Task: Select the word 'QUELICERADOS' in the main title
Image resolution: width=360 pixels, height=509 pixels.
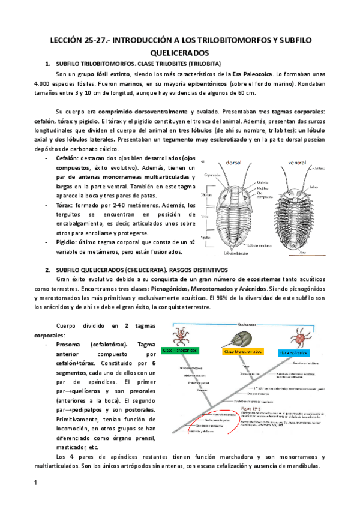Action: tap(180, 52)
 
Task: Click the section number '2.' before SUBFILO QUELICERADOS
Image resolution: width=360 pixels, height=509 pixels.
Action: tap(47, 268)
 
